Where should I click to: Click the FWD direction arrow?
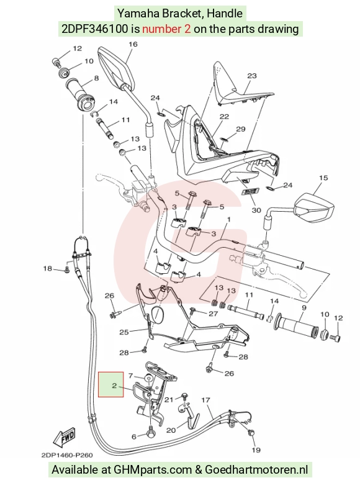click(65, 438)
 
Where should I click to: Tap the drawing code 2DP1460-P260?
click(67, 455)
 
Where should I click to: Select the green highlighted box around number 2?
click(111, 384)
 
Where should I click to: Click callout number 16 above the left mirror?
click(133, 44)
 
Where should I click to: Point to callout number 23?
click(252, 76)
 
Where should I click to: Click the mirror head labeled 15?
click(315, 207)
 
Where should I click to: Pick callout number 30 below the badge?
click(256, 210)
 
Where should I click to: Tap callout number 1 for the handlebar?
click(229, 220)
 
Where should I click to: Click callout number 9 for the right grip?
click(304, 307)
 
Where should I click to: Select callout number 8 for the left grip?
click(96, 78)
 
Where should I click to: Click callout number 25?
click(124, 332)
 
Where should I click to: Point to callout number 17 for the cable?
click(205, 400)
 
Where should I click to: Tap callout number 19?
click(256, 450)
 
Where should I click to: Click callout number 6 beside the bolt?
click(134, 436)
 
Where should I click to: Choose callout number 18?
click(47, 269)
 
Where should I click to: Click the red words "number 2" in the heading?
click(166, 29)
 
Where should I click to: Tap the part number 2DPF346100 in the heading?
click(95, 29)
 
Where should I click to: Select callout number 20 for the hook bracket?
click(171, 430)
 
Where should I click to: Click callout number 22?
click(224, 117)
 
